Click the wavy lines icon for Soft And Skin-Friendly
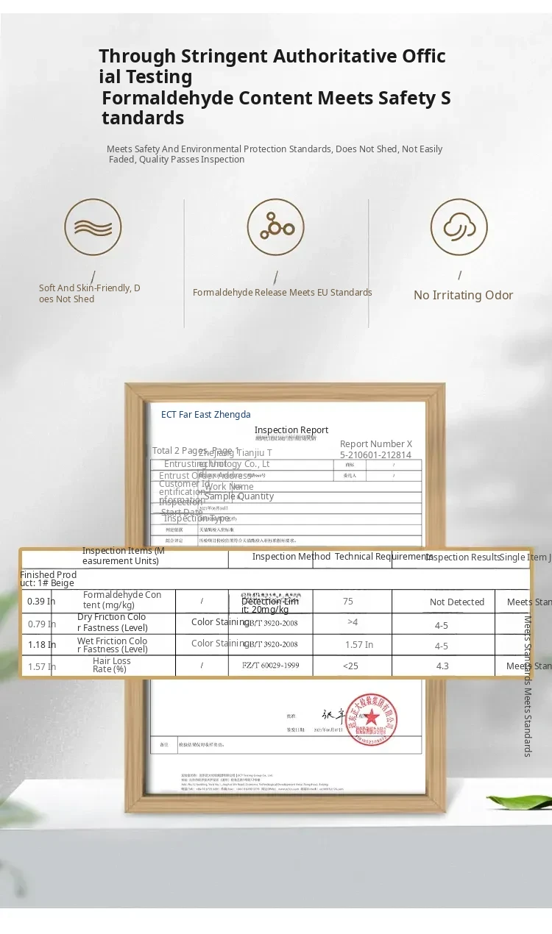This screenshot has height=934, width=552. tap(93, 227)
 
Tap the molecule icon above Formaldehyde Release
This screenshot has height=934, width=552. tap(275, 227)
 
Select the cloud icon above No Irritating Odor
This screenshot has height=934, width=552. tap(459, 227)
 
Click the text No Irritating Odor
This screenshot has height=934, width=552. tap(463, 295)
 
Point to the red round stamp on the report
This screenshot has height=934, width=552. tap(372, 719)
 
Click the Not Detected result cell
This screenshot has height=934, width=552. tap(457, 602)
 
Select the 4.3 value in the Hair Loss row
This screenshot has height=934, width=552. tap(442, 666)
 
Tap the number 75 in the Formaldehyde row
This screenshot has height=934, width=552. tap(348, 602)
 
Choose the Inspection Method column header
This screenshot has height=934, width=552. tap(291, 557)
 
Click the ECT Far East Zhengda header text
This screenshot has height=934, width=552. tap(206, 415)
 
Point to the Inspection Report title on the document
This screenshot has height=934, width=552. tap(291, 430)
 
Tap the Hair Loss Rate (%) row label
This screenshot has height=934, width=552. tap(111, 666)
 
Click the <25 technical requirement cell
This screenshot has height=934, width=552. tap(350, 666)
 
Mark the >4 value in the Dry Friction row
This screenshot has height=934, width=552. tap(353, 623)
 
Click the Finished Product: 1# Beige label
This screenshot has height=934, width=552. tap(49, 579)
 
